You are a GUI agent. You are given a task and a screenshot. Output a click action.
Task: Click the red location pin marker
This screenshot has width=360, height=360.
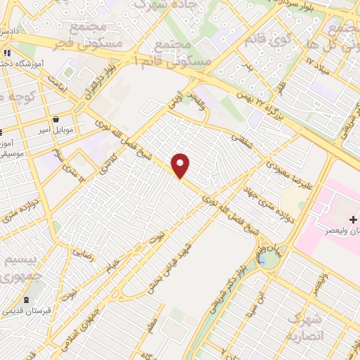coord(181,165)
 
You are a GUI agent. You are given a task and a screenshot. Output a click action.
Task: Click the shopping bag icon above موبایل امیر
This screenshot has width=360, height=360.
coord(56,119)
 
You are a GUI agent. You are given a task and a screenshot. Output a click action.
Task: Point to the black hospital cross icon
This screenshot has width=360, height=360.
coord(354,221)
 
